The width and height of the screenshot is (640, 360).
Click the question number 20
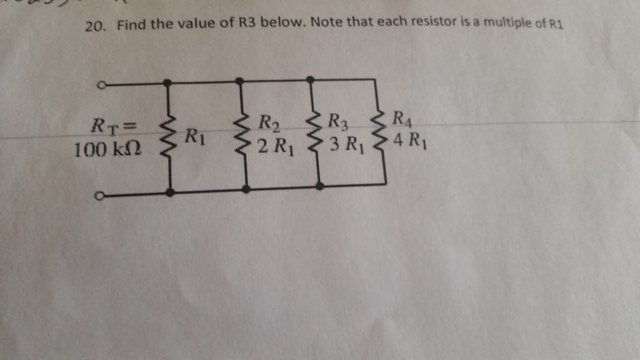click(x=94, y=27)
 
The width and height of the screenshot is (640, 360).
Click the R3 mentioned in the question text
click(x=246, y=25)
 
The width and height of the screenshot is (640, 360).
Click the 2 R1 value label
click(x=276, y=148)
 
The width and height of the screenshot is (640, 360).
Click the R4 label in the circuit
click(x=400, y=117)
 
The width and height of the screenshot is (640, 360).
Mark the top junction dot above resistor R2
click(x=239, y=80)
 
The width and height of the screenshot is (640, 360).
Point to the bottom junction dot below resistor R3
click(x=320, y=186)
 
